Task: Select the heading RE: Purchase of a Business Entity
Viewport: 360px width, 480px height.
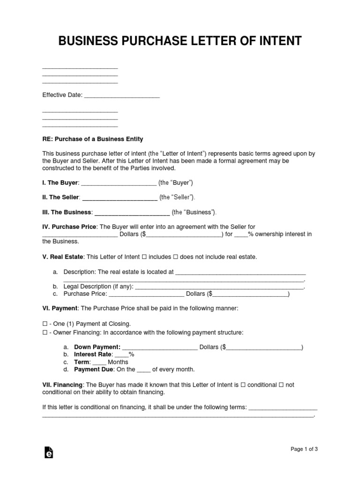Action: [x=93, y=139]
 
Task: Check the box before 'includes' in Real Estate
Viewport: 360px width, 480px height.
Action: [x=144, y=257]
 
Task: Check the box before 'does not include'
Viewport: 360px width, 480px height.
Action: [x=176, y=257]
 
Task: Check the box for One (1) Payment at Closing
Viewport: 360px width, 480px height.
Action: [x=45, y=324]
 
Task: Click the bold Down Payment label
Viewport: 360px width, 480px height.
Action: [x=97, y=347]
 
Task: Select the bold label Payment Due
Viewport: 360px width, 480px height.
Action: [x=93, y=370]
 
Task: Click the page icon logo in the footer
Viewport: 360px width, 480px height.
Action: [x=48, y=452]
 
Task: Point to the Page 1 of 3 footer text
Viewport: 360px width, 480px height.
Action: [x=304, y=449]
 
